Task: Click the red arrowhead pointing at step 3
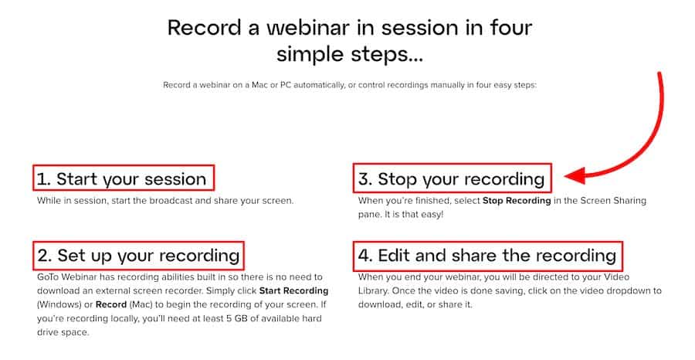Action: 576,175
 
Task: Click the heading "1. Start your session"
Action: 121,179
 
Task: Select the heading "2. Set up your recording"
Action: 138,256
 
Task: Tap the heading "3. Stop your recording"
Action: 451,179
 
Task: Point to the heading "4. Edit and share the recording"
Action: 487,256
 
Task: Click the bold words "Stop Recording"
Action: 517,200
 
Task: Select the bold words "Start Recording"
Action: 293,290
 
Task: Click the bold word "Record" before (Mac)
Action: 110,304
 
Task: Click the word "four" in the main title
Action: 511,28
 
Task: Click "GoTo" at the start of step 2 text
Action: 48,277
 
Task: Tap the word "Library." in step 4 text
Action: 373,291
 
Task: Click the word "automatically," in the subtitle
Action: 319,85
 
